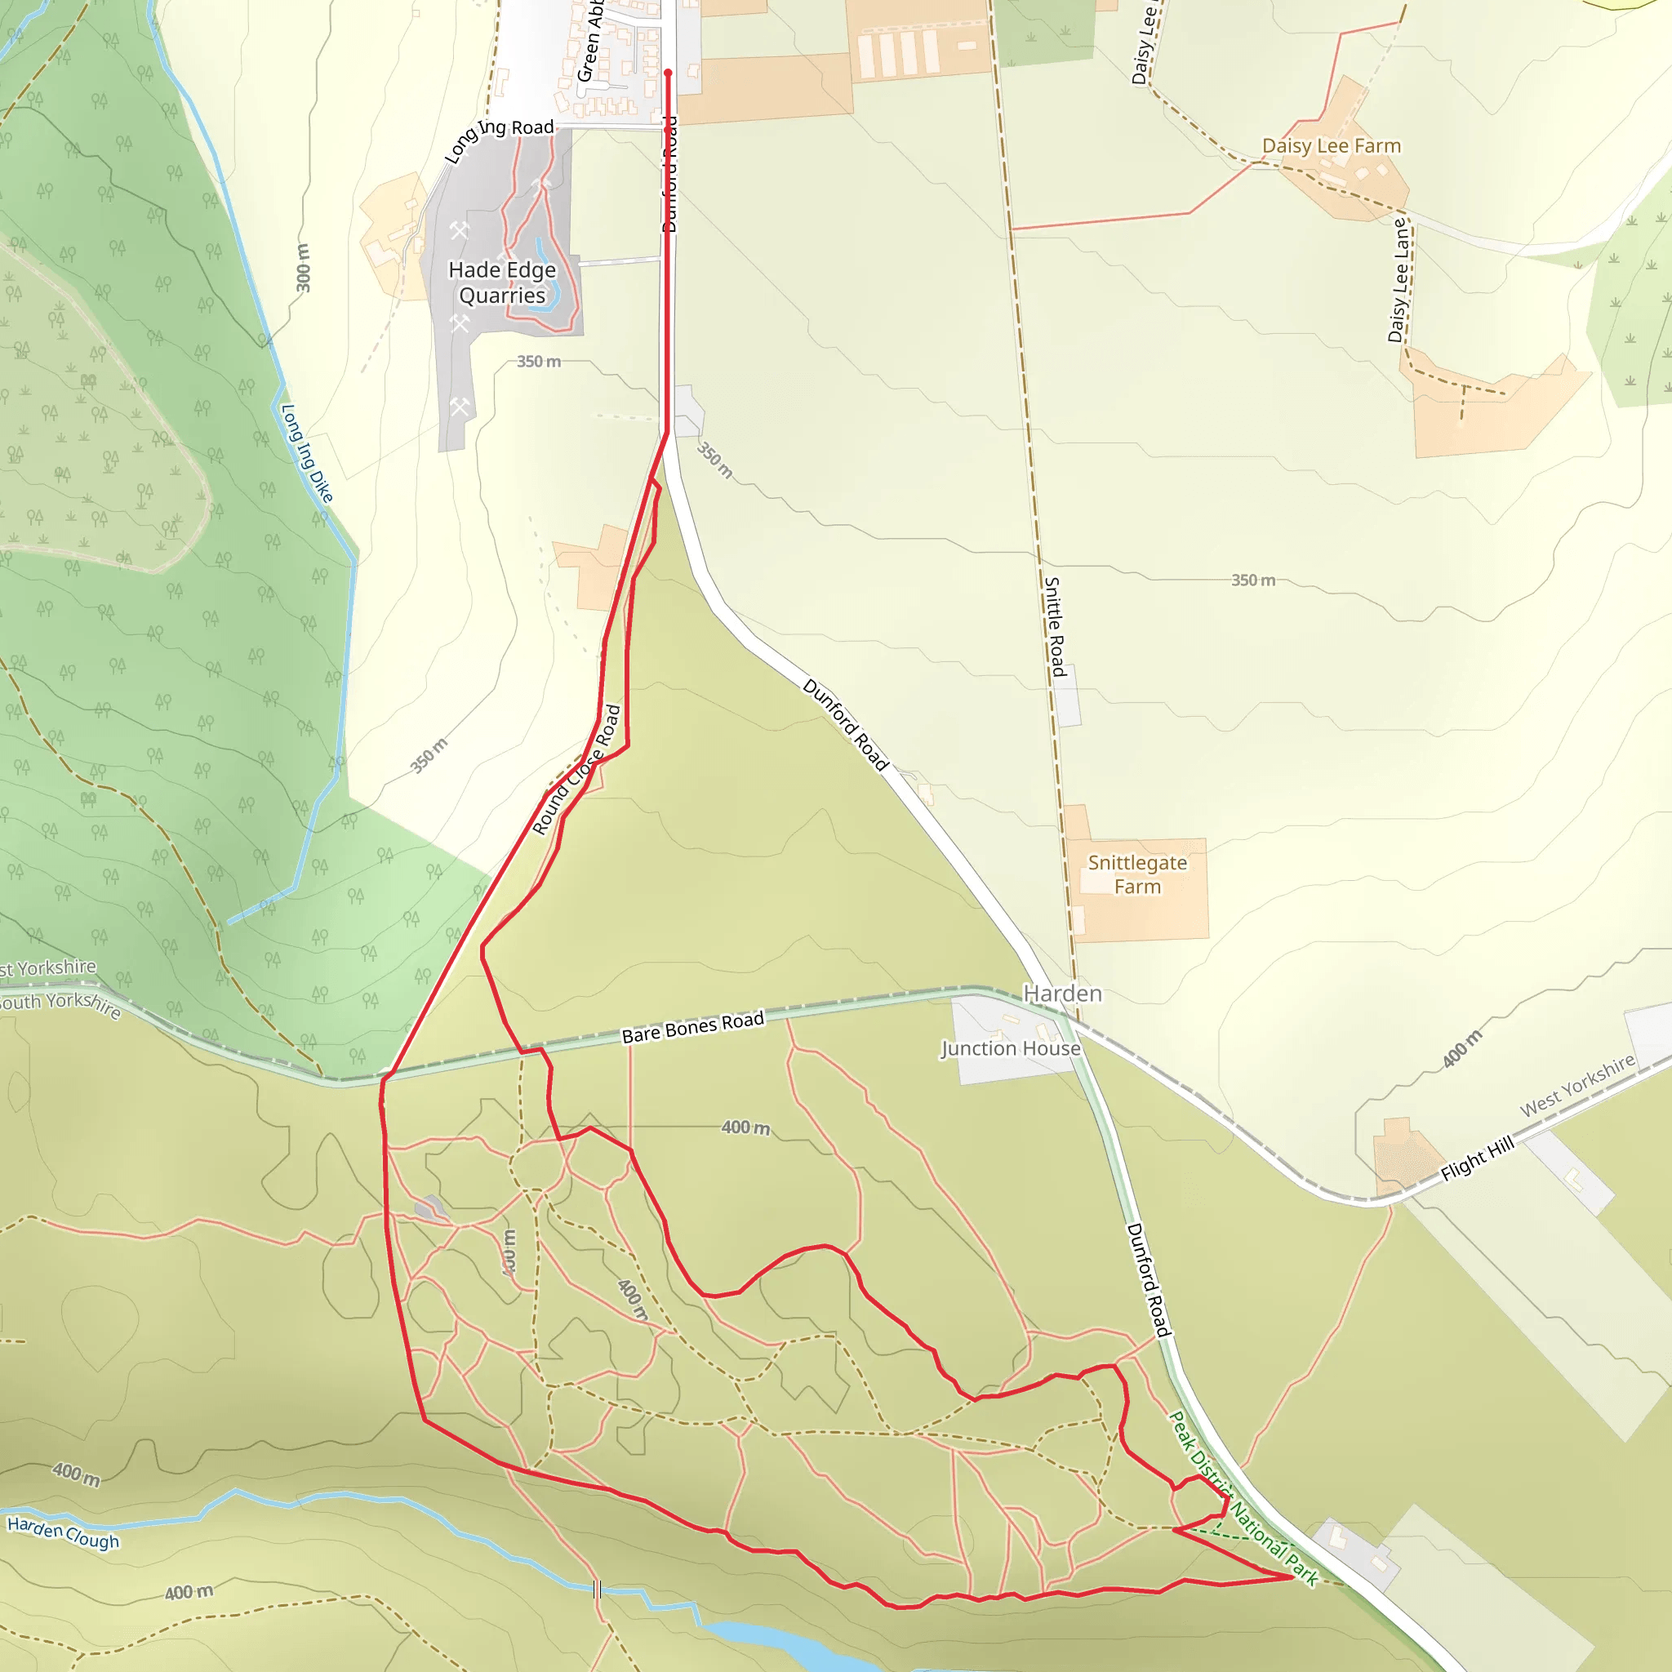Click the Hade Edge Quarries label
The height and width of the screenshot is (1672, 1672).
click(x=502, y=283)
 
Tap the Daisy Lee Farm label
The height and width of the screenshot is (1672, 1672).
click(x=1331, y=146)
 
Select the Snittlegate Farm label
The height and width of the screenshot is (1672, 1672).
click(x=1137, y=874)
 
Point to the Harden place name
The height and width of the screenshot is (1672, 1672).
click(x=1063, y=994)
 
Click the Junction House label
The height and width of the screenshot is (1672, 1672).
click(x=1011, y=1048)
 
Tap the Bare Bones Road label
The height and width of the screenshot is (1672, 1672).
click(x=692, y=1026)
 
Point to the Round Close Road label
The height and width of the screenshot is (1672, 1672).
click(x=576, y=770)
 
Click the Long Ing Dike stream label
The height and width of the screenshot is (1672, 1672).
click(x=306, y=452)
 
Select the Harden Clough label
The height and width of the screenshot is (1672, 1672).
click(x=63, y=1532)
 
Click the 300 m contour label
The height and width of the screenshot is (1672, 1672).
click(x=302, y=268)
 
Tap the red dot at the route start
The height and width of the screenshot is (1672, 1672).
click(x=668, y=73)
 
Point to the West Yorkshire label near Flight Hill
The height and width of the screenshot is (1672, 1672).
click(x=1576, y=1084)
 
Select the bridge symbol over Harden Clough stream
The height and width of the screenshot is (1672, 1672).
click(x=597, y=1589)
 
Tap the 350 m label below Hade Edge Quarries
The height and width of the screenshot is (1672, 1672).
click(x=538, y=362)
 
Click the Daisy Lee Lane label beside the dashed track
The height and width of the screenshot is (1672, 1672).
click(x=1399, y=279)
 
